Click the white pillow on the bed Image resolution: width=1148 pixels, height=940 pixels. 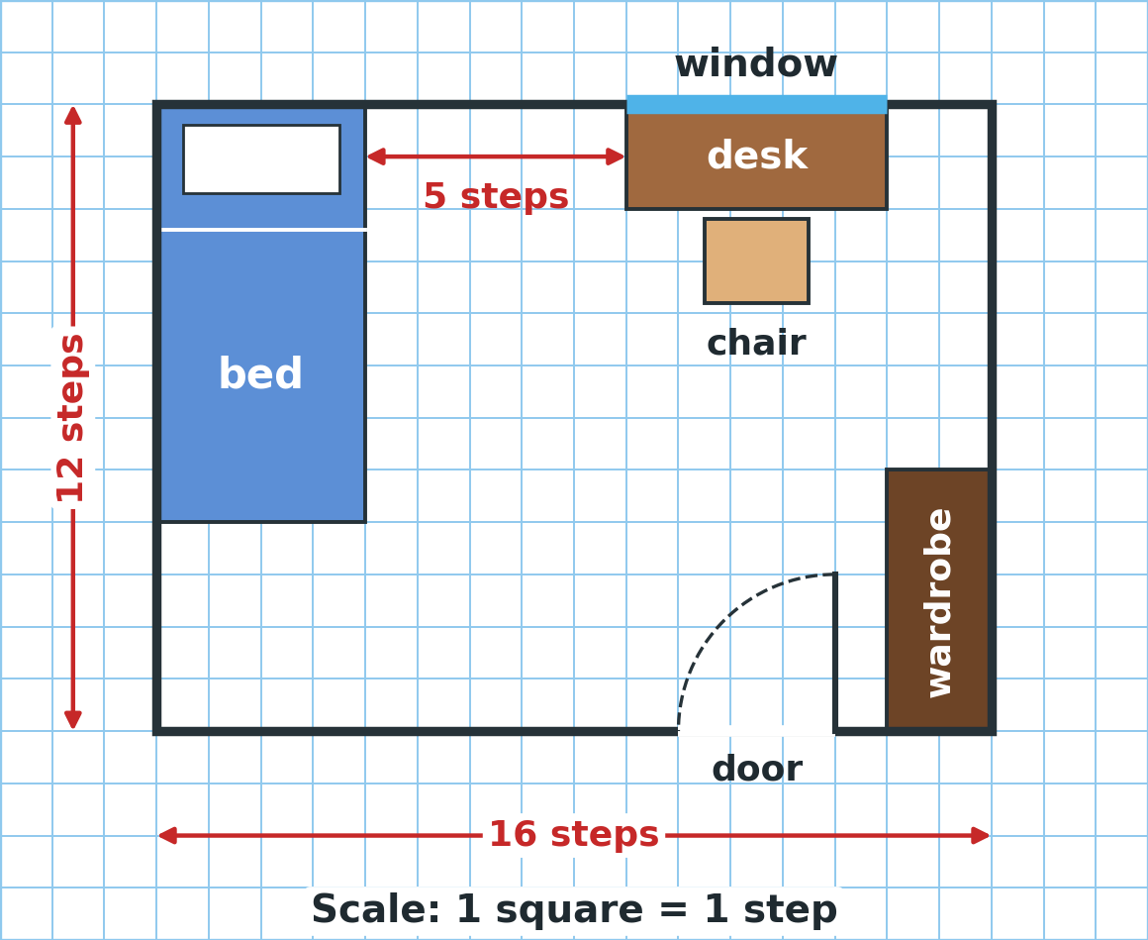click(x=261, y=159)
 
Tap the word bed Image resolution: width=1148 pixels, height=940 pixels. click(x=260, y=374)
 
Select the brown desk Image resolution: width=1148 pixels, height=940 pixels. click(x=756, y=160)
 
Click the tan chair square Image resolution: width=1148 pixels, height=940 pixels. click(x=756, y=261)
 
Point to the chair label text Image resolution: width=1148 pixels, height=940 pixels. click(x=756, y=343)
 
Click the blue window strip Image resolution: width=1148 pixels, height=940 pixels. click(x=756, y=105)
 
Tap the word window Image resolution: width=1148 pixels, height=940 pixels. click(x=755, y=63)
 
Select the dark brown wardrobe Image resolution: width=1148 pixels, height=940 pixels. click(x=938, y=600)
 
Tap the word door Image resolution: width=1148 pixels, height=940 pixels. click(x=757, y=770)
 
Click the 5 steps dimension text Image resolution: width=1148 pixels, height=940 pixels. click(x=496, y=196)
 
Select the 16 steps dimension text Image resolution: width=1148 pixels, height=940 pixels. click(x=573, y=834)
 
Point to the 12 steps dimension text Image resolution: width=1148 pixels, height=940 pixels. click(x=71, y=418)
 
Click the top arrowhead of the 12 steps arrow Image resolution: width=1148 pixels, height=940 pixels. click(x=72, y=115)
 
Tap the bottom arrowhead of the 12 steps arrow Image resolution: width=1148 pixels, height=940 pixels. click(x=72, y=719)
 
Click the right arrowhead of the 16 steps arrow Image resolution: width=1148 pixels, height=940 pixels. click(x=981, y=835)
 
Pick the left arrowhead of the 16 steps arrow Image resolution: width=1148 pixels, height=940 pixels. click(x=167, y=835)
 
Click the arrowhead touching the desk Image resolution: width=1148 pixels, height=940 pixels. click(x=616, y=157)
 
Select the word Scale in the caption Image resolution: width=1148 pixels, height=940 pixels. click(x=376, y=909)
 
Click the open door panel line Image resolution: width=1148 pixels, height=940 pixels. click(x=834, y=653)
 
